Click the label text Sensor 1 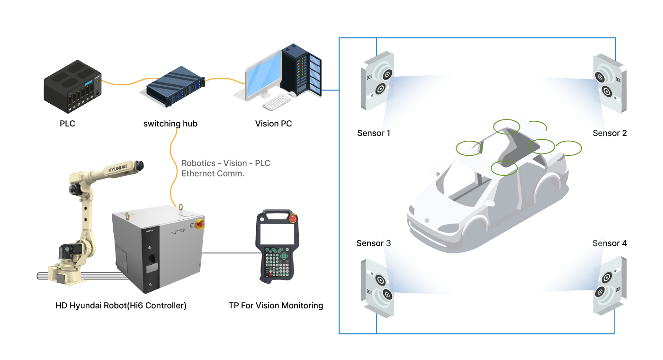(374, 133)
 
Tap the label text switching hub (170, 124)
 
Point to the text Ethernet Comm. (213, 173)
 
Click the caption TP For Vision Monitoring (276, 306)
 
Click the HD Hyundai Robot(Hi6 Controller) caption (121, 306)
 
